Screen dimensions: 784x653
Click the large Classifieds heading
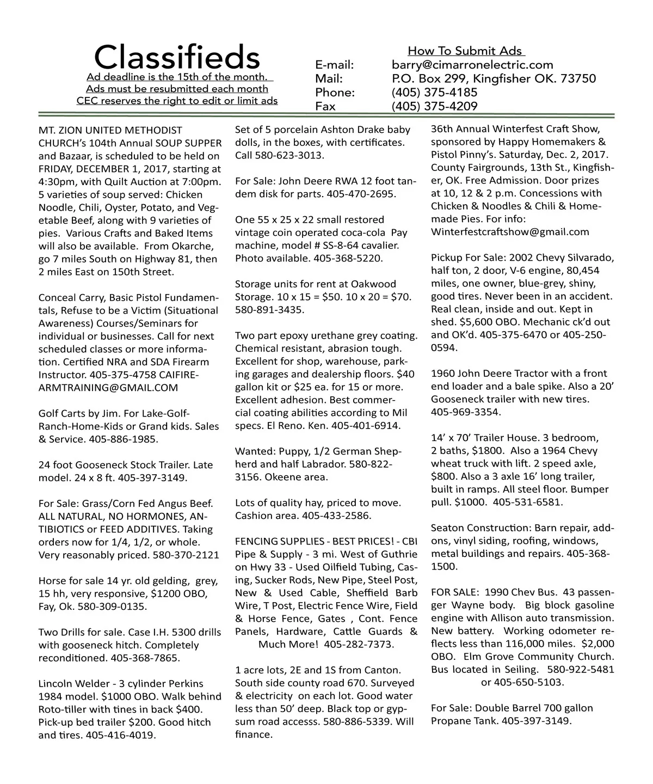click(177, 56)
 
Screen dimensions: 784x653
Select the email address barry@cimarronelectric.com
click(472, 65)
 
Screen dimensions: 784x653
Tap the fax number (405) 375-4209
click(434, 106)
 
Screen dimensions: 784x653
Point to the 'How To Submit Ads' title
click(465, 51)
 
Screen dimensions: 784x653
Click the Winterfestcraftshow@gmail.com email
click(510, 232)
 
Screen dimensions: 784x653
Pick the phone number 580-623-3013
click(293, 155)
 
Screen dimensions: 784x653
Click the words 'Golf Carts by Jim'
click(75, 413)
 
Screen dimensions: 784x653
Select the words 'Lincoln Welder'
click(70, 684)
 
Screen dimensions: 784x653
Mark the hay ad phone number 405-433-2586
click(337, 516)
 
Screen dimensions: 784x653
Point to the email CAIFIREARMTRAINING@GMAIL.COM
click(108, 388)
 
